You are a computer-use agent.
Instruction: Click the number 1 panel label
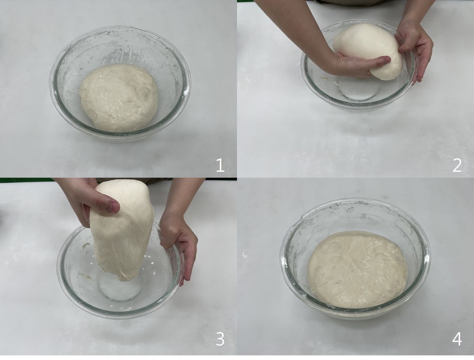click(x=220, y=165)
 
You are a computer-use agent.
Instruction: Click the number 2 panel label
click(x=457, y=165)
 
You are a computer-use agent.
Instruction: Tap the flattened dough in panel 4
click(x=357, y=269)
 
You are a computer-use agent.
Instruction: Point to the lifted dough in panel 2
click(x=367, y=51)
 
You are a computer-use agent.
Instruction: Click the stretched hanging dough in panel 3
click(x=122, y=230)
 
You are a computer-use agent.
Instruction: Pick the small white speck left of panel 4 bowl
click(x=244, y=255)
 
